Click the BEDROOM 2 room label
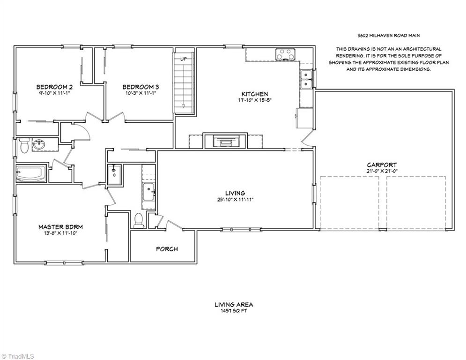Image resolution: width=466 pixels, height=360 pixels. (x=54, y=87)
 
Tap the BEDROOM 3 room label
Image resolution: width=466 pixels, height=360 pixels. (x=141, y=87)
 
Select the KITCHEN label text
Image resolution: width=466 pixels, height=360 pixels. (x=254, y=94)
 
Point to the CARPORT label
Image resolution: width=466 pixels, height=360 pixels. (x=382, y=165)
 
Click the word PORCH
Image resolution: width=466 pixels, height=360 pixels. (x=167, y=249)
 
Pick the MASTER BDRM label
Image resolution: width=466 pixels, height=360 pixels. (x=60, y=227)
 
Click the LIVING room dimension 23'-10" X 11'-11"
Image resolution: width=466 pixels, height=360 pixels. (x=235, y=200)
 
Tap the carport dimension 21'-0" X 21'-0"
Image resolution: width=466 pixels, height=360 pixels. (x=382, y=171)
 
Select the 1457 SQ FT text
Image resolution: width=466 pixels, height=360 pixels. (x=234, y=311)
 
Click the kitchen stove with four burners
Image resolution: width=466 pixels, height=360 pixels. (x=285, y=54)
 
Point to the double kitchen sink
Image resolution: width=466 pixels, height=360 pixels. (x=305, y=79)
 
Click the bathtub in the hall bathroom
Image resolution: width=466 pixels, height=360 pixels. (x=31, y=174)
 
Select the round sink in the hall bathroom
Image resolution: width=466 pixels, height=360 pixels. (x=38, y=144)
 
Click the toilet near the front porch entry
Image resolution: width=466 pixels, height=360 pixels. (x=139, y=220)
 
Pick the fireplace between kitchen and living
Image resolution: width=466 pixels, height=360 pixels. (x=225, y=141)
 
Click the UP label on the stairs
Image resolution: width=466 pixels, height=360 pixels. (x=184, y=59)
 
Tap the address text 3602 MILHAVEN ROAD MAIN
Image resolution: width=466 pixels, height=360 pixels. (x=389, y=36)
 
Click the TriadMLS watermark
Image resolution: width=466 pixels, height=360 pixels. (x=18, y=356)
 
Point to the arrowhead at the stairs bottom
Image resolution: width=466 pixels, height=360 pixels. (x=184, y=106)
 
